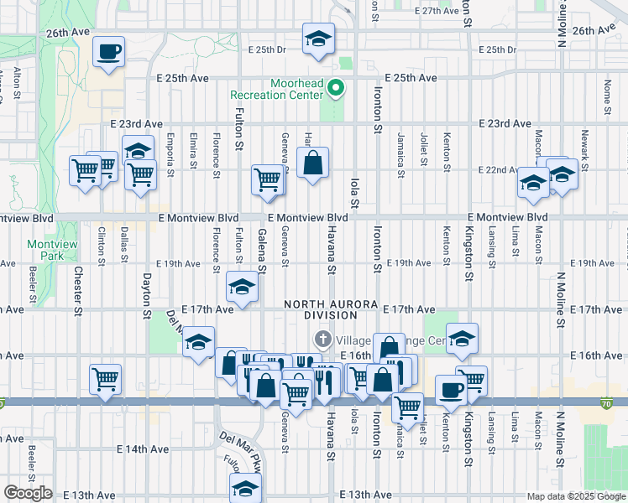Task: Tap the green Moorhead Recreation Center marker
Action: (336, 88)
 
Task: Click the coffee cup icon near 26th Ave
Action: (109, 52)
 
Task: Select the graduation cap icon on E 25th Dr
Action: (318, 39)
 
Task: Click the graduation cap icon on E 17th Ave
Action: (242, 288)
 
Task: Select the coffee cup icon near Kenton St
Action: (452, 390)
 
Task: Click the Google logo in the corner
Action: (28, 493)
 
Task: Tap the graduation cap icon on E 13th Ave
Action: (245, 488)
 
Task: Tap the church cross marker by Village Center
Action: (321, 340)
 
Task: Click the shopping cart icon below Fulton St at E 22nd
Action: (267, 178)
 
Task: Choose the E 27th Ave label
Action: (439, 11)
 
